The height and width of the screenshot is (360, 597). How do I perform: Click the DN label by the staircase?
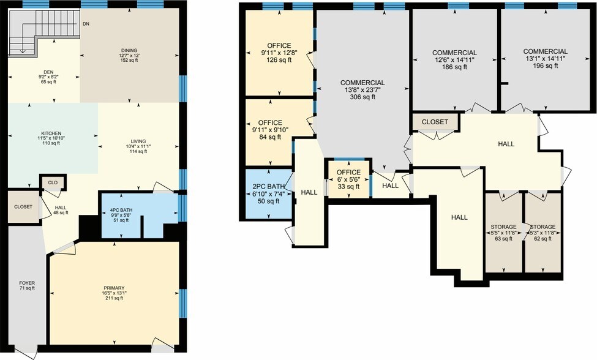click(x=86, y=24)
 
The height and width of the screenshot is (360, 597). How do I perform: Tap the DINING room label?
click(x=129, y=50)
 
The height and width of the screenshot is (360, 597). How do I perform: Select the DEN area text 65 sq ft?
click(x=49, y=81)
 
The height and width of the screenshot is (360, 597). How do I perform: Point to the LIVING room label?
click(x=138, y=141)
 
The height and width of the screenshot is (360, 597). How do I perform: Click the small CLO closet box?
click(x=53, y=182)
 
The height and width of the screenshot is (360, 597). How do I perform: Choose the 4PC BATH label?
click(x=121, y=210)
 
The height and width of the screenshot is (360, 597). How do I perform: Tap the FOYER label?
click(x=27, y=283)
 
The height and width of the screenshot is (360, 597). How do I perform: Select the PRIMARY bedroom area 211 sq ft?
click(x=115, y=298)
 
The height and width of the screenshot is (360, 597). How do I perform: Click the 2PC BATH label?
click(x=268, y=187)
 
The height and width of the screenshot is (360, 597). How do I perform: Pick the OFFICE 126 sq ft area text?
click(x=279, y=60)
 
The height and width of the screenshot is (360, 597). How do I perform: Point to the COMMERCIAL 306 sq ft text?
click(x=362, y=97)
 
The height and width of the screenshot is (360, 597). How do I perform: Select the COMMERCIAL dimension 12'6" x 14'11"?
click(x=454, y=60)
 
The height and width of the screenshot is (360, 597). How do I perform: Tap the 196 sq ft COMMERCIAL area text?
click(x=546, y=66)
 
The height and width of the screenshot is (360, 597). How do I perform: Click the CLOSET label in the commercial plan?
click(x=435, y=122)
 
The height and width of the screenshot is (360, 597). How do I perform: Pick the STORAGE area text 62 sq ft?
click(x=543, y=239)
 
